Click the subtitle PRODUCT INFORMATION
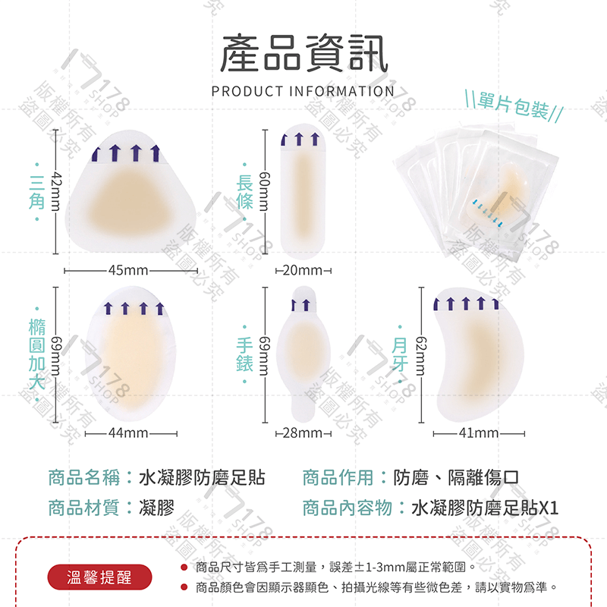click(x=303, y=92)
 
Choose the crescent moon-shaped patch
click(x=470, y=353)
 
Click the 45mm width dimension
click(x=129, y=270)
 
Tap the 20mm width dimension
click(x=302, y=270)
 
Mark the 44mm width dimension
click(x=128, y=433)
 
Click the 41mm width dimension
click(x=479, y=433)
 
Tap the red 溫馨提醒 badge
click(x=99, y=577)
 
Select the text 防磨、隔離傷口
click(x=455, y=477)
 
